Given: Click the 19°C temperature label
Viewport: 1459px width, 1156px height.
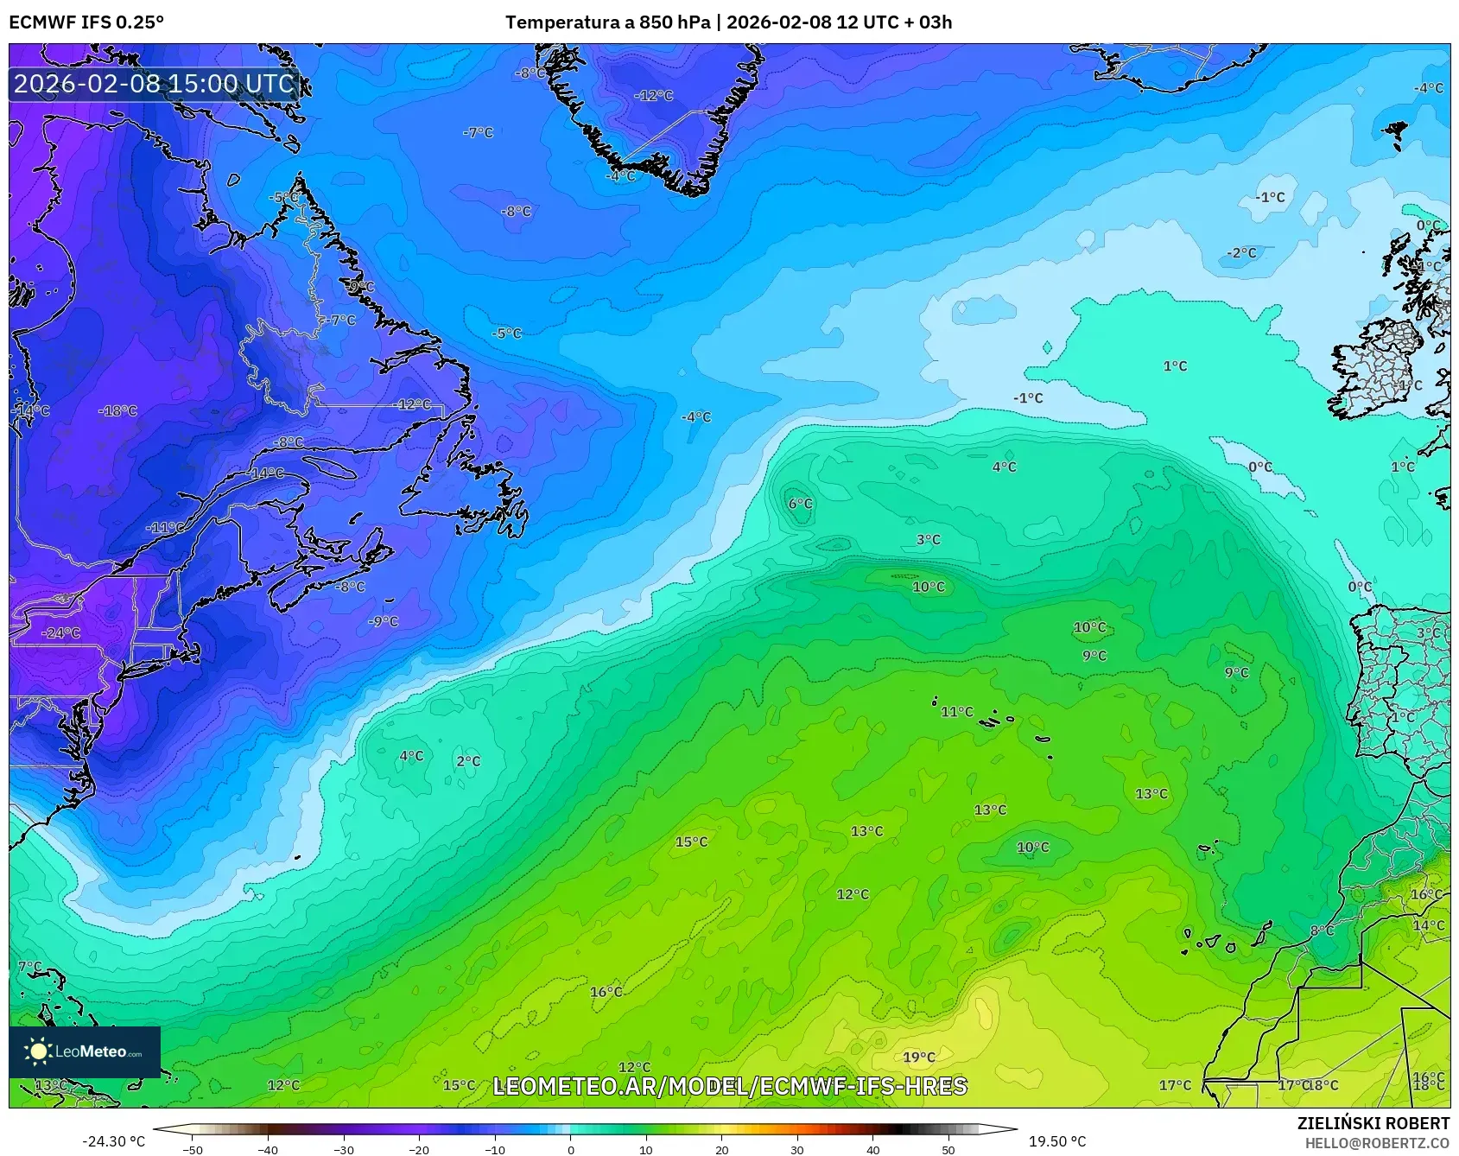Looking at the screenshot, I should pyautogui.click(x=918, y=1057).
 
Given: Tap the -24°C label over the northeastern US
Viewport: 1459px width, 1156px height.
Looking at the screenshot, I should pyautogui.click(x=60, y=632).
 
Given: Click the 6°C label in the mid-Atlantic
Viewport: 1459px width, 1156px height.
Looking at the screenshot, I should pyautogui.click(x=800, y=504).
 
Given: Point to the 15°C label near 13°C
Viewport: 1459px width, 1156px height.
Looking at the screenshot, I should pyautogui.click(x=691, y=842).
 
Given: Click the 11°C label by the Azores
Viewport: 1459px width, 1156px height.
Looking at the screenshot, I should pyautogui.click(x=956, y=712).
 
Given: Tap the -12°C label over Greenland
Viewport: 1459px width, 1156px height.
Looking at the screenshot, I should pyautogui.click(x=653, y=96).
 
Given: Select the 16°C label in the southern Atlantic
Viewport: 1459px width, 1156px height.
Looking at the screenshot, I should pyautogui.click(x=606, y=992).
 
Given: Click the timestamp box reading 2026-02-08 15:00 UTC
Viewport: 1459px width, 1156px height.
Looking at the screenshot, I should pyautogui.click(x=154, y=84).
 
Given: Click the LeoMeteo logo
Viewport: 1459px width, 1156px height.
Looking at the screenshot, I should pyautogui.click(x=85, y=1051).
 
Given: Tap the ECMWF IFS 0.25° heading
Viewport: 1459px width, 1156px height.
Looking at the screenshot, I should pyautogui.click(x=86, y=22).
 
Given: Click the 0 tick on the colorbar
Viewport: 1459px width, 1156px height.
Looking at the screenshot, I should pyautogui.click(x=570, y=1149).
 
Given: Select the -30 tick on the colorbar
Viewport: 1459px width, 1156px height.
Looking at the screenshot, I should pyautogui.click(x=344, y=1149).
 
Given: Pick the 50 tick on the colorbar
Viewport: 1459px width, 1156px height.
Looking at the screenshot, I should pyautogui.click(x=948, y=1149).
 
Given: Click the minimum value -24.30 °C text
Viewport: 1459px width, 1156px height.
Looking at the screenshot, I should pyautogui.click(x=113, y=1141).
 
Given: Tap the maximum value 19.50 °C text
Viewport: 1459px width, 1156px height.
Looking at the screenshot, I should pyautogui.click(x=1056, y=1141).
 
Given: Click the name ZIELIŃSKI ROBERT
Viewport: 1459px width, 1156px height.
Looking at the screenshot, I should pyautogui.click(x=1373, y=1123).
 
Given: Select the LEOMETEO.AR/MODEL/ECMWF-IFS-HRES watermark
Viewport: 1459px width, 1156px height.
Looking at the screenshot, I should pyautogui.click(x=730, y=1086).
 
